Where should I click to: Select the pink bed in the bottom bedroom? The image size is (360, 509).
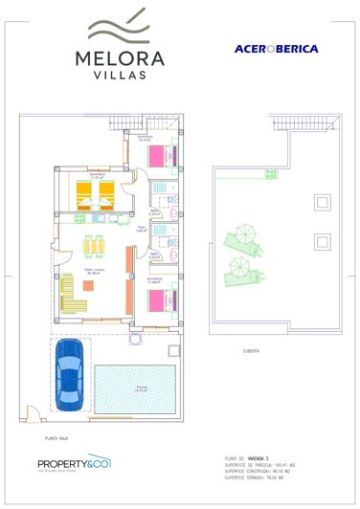pyautogui.click(x=159, y=299)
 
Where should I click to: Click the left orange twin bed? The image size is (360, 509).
pyautogui.click(x=83, y=197)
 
